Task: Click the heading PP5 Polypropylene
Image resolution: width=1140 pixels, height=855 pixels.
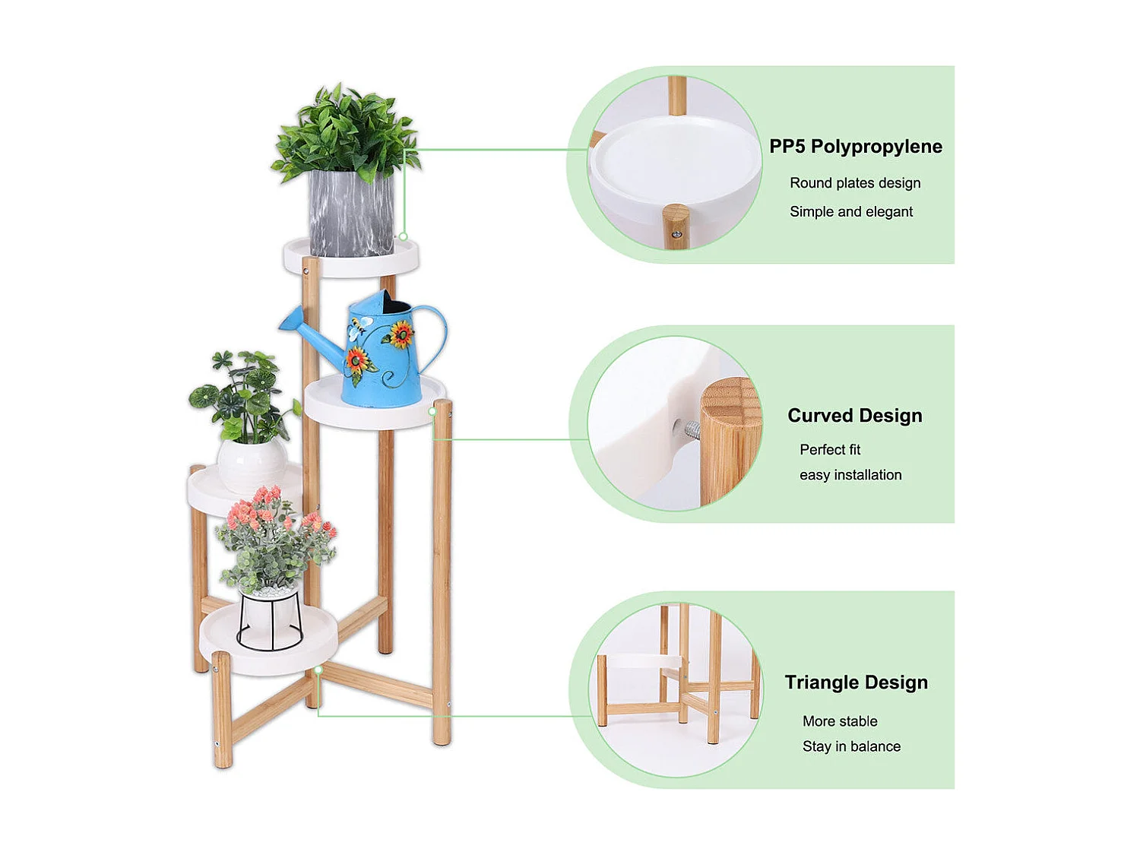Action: (855, 147)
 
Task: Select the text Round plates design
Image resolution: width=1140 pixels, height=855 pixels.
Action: (854, 183)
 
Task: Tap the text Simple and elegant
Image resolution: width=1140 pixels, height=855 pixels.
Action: (850, 212)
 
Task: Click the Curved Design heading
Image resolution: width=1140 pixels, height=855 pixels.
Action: (854, 416)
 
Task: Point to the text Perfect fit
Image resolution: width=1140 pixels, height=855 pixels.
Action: (829, 450)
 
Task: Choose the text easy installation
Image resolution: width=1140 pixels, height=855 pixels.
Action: (850, 475)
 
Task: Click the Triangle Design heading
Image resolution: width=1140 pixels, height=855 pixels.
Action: (856, 682)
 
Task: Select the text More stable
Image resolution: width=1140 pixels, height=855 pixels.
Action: (839, 721)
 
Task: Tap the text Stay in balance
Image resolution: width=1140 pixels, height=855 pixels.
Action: (850, 746)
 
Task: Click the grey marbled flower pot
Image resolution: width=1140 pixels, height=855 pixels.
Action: (350, 213)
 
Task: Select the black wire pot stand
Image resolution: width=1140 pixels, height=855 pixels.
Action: (270, 619)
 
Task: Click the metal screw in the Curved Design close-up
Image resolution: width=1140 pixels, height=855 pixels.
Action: (691, 430)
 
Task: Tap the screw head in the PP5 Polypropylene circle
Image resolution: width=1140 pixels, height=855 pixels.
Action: (676, 235)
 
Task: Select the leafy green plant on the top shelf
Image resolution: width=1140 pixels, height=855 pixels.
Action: (346, 133)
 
